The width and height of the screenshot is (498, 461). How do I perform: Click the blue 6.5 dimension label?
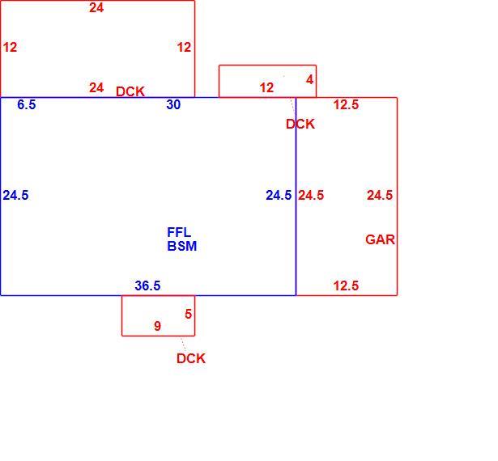point(27,104)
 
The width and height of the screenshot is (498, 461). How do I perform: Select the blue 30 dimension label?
point(173,104)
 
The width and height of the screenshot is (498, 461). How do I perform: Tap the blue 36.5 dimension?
point(147,285)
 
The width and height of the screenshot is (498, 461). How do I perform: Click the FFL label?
point(179,233)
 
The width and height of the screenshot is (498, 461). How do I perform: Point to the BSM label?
point(182,246)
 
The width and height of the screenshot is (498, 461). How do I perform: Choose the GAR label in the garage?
point(380,239)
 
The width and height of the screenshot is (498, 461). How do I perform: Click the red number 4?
point(309,79)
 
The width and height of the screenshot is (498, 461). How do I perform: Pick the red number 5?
point(189,314)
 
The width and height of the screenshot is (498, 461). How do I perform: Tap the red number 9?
point(158,326)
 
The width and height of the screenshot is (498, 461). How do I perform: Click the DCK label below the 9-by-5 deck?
point(191,358)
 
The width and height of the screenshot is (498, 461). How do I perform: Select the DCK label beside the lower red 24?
point(130,91)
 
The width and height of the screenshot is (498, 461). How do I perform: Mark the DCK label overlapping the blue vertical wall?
point(300,124)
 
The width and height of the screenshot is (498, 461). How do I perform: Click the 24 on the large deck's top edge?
point(96,7)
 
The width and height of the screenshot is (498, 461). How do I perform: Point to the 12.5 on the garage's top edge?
point(346,104)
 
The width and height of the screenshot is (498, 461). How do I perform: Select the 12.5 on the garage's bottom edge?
point(346,285)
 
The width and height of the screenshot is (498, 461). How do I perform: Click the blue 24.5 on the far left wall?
point(15,195)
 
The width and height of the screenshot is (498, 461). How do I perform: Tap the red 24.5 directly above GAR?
point(380,195)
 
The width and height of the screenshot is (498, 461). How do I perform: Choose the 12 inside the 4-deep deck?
point(266,88)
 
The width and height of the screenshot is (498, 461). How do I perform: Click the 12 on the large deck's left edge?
point(10,47)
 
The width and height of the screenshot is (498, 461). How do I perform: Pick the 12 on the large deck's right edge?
point(184,47)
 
